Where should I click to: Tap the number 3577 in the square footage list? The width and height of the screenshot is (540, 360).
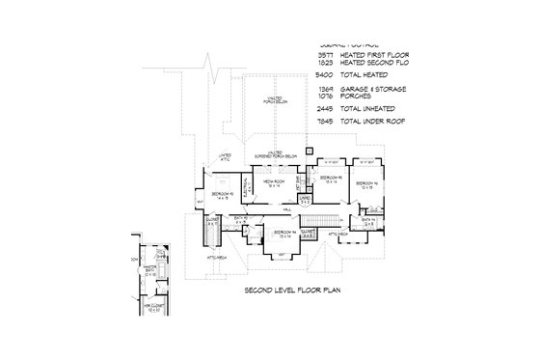click(328, 56)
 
